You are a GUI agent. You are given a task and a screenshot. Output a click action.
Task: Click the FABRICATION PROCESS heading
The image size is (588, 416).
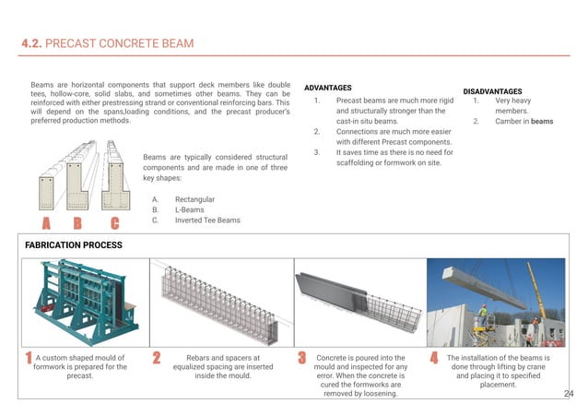[74, 245]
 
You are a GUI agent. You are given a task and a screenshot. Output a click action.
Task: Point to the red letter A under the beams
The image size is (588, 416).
[43, 224]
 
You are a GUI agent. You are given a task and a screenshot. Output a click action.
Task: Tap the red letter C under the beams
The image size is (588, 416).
[114, 224]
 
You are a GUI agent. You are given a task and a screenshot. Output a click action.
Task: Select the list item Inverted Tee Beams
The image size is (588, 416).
[207, 220]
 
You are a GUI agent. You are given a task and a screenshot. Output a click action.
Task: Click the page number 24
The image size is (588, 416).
[569, 394]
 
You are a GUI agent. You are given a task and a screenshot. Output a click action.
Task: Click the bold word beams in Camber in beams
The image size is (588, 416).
[542, 121]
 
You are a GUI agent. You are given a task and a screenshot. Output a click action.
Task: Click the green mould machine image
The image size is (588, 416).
[83, 300]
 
